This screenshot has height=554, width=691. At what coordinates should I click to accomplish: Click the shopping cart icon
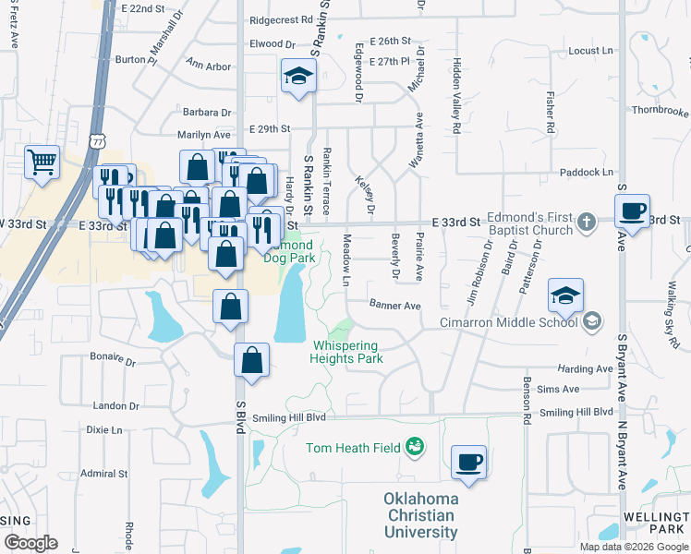[x=42, y=163]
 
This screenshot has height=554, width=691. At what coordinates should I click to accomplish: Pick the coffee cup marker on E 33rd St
[x=634, y=211]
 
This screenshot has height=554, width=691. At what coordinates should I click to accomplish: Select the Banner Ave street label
[x=394, y=305]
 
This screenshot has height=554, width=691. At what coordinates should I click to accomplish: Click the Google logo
[x=30, y=543]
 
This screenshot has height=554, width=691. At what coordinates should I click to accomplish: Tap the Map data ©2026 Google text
[x=633, y=547]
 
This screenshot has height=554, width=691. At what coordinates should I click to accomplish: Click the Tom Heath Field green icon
[x=415, y=448]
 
